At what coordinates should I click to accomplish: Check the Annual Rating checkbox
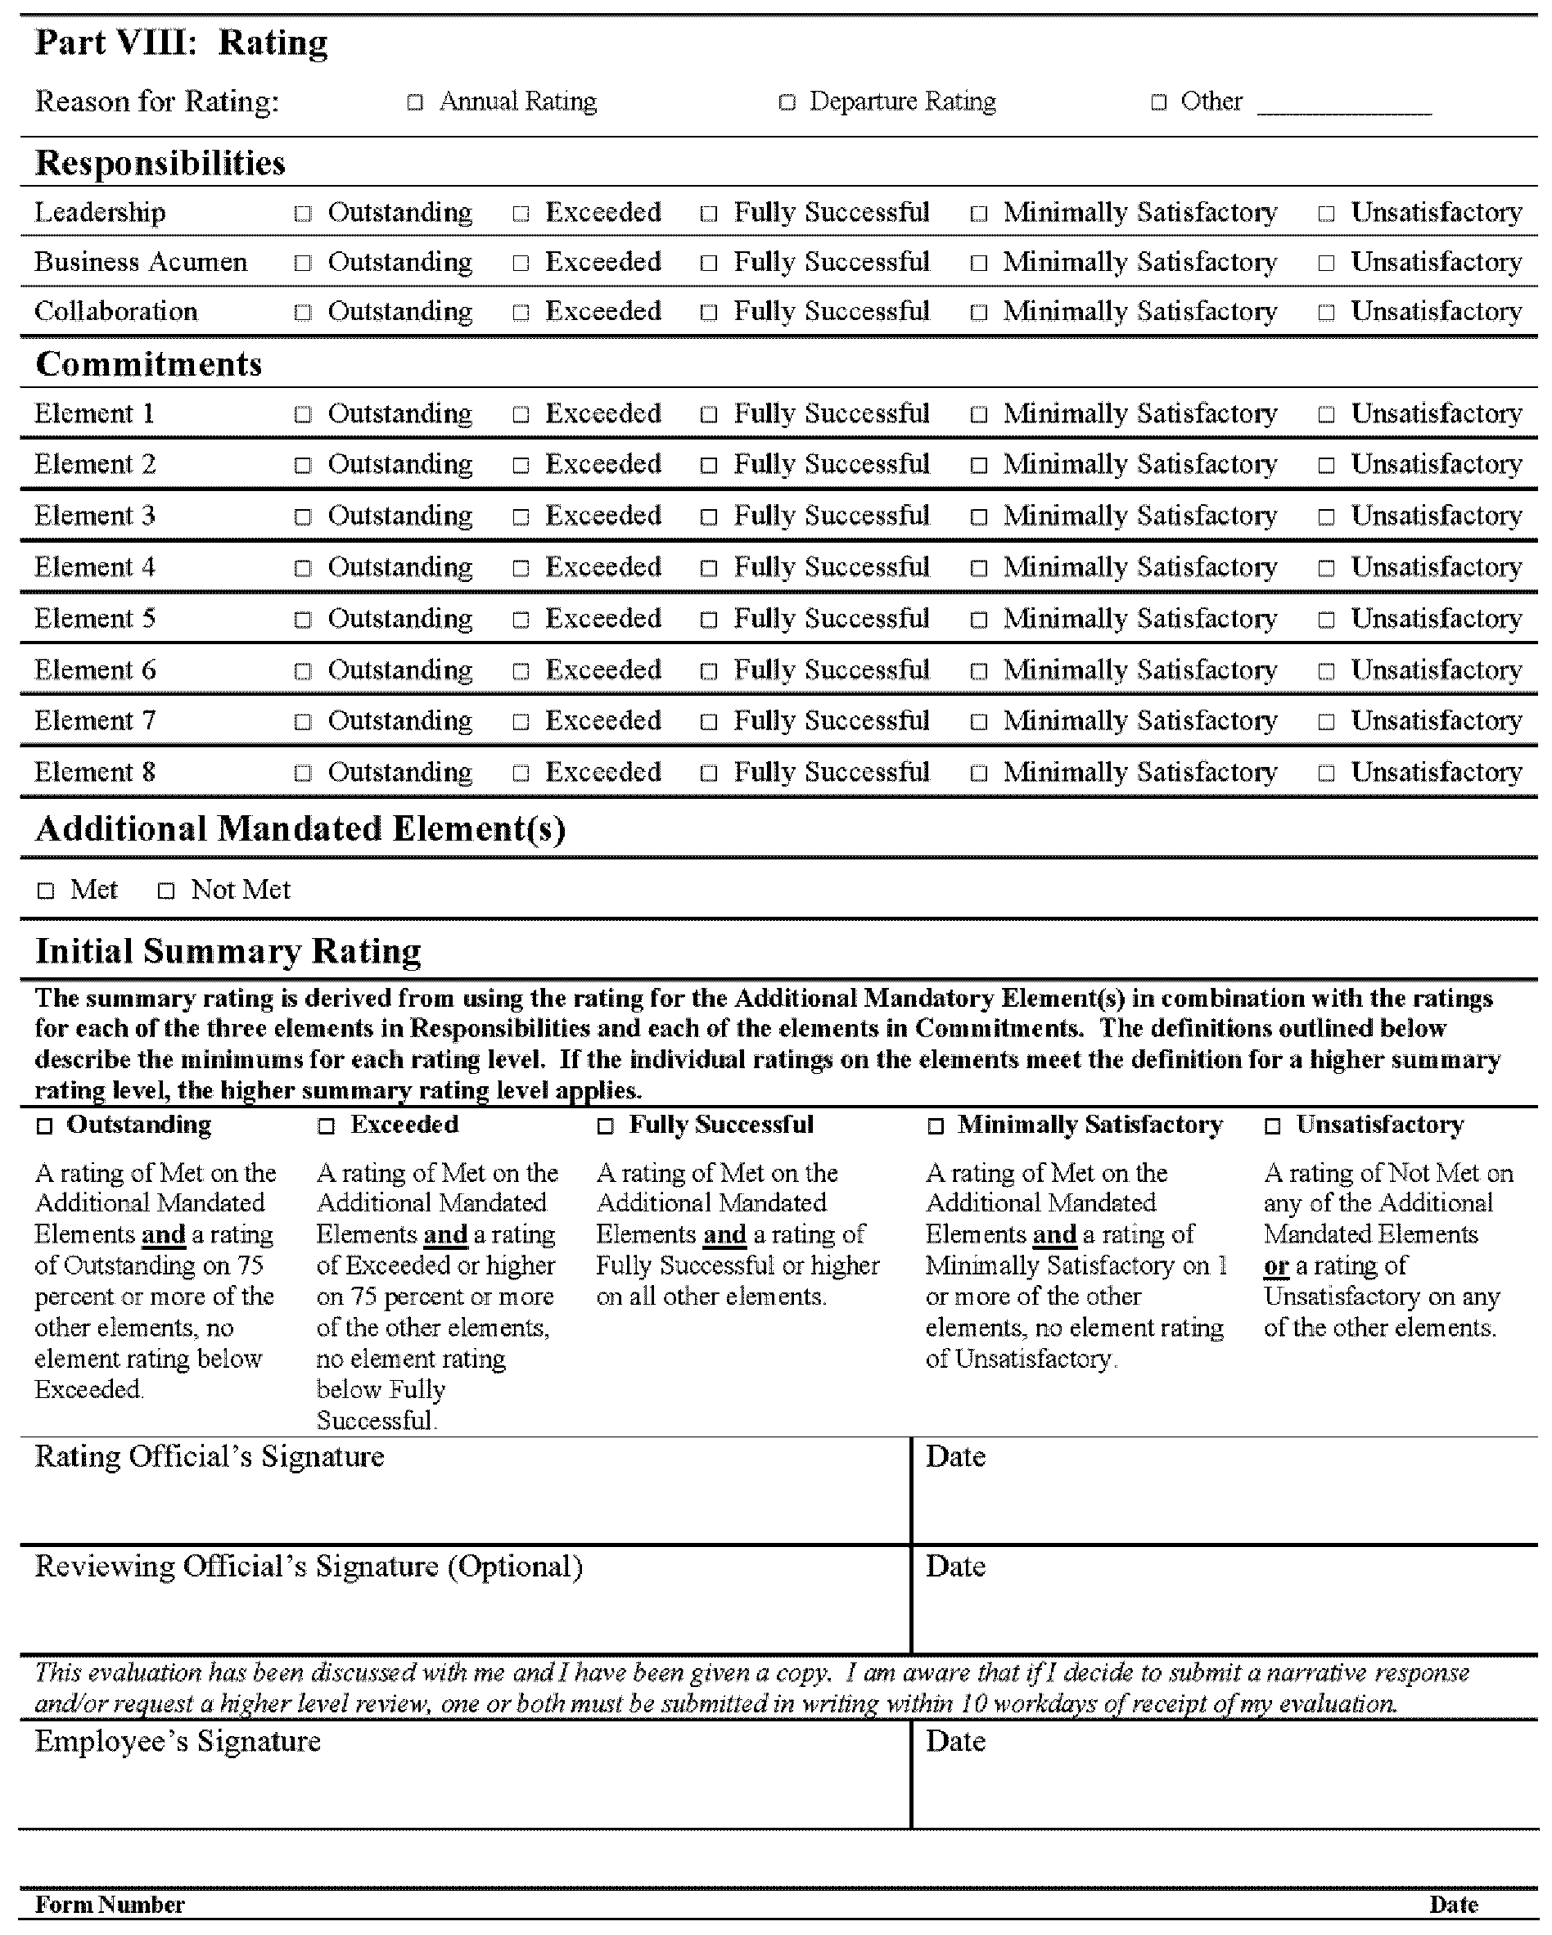(x=415, y=103)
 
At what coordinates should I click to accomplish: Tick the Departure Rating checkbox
(x=787, y=103)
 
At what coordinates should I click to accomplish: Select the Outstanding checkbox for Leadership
(x=304, y=214)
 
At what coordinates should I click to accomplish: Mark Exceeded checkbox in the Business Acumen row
(x=521, y=264)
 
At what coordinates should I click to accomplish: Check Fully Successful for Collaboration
(x=709, y=313)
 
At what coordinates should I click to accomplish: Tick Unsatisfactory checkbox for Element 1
(x=1326, y=416)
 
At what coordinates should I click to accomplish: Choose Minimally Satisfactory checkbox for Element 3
(x=978, y=518)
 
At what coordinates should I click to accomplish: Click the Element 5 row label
(x=95, y=618)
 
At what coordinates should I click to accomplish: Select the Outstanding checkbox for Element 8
(x=304, y=774)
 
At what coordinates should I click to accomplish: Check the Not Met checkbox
(x=166, y=891)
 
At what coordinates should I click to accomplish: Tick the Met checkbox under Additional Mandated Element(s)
(x=46, y=891)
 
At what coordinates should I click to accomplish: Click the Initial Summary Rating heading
(x=228, y=950)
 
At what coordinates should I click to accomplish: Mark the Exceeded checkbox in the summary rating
(x=327, y=1126)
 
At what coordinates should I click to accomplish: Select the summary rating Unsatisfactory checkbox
(x=1272, y=1126)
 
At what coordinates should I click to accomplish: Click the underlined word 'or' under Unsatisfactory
(x=1275, y=1266)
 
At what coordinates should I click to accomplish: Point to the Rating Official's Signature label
(x=210, y=1457)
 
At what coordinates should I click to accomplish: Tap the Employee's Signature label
(x=178, y=1741)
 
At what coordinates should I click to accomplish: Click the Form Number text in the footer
(x=110, y=1905)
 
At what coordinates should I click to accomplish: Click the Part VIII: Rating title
(x=182, y=43)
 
